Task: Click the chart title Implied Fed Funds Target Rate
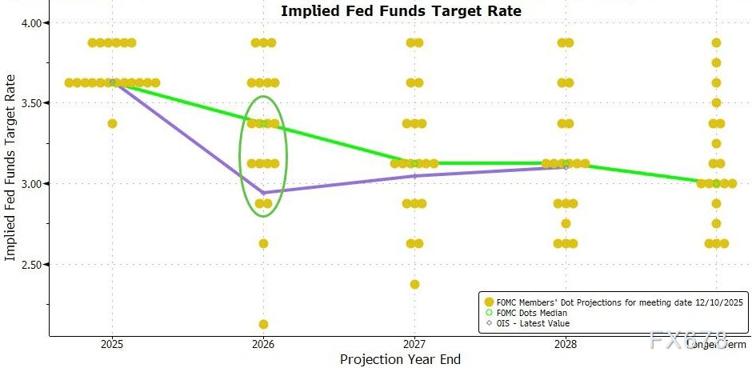click(x=400, y=11)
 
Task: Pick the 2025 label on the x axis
click(x=111, y=344)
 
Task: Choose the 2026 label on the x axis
click(x=263, y=344)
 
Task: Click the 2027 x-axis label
click(x=414, y=344)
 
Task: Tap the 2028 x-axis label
click(x=566, y=344)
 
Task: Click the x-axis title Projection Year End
click(x=400, y=359)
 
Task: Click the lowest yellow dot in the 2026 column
click(x=263, y=324)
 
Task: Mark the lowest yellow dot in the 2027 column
click(x=414, y=284)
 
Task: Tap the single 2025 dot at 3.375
click(x=112, y=123)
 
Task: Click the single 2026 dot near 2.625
click(x=263, y=243)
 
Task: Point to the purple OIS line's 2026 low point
click(x=263, y=193)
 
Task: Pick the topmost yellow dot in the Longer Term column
click(x=716, y=42)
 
